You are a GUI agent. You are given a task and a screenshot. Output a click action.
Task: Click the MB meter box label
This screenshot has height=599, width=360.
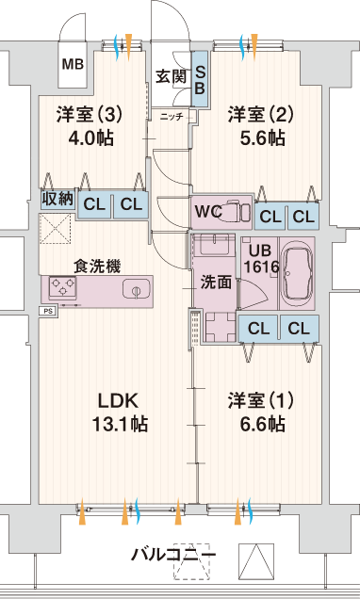coord(73,64)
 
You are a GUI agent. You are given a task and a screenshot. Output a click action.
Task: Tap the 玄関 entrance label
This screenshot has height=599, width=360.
coord(171,77)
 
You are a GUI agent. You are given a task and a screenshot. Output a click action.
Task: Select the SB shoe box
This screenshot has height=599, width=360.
coord(200,79)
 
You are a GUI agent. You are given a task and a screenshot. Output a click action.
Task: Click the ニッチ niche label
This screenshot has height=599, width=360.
coord(172,117)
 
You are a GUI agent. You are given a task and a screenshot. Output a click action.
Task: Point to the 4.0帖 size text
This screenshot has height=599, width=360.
coord(90,138)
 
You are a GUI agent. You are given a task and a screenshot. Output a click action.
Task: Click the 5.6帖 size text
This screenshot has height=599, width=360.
coord(262,138)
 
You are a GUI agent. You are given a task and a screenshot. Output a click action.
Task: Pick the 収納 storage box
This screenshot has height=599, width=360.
coord(57,199)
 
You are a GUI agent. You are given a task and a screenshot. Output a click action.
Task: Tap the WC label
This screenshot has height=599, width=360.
coord(208,211)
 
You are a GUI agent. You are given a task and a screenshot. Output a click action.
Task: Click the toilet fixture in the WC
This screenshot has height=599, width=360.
coord(237,211)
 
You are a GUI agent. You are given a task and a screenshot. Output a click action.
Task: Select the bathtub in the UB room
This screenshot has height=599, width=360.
coord(297,273)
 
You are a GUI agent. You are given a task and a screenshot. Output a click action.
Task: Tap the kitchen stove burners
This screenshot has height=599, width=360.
coord(63,287)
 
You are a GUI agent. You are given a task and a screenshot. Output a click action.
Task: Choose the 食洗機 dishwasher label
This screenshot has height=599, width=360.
coord(97,266)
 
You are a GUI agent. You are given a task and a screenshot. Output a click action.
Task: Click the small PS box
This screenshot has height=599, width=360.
coord(48,311)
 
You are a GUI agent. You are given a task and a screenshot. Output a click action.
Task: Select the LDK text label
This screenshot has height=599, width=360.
coord(118,401)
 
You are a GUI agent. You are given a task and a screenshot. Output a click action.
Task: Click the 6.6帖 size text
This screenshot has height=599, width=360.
coord(262,424)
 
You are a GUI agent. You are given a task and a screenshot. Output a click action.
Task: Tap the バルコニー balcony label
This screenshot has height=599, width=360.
coord(174,554)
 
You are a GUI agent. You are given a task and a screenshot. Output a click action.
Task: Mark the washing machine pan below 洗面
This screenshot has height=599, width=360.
coord(221,327)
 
